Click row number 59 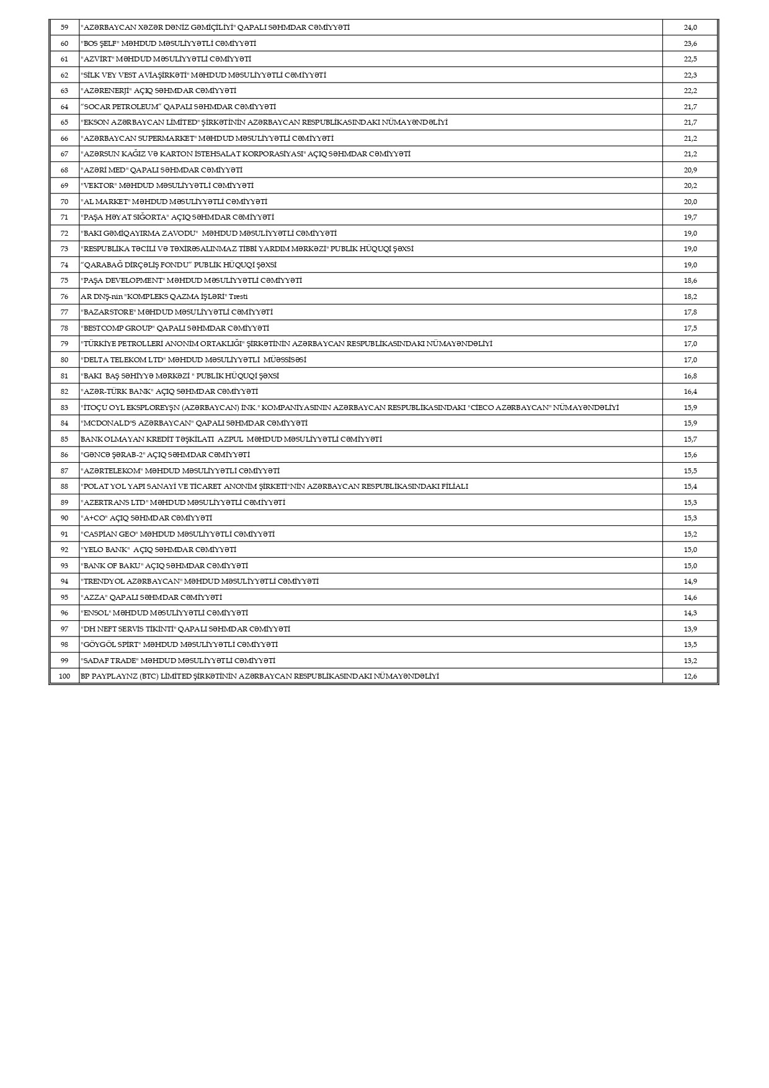coord(64,27)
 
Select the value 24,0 coord(690,27)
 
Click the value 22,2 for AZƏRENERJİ coord(690,91)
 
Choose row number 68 coord(64,170)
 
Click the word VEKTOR coord(99,185)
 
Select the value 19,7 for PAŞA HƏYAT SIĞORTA coord(690,217)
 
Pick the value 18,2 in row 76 coord(690,297)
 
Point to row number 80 coord(64,360)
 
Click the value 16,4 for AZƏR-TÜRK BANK coord(690,391)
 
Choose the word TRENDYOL coord(105,581)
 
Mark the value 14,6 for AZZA coord(690,597)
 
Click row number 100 coord(64,676)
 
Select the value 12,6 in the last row coord(690,676)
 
